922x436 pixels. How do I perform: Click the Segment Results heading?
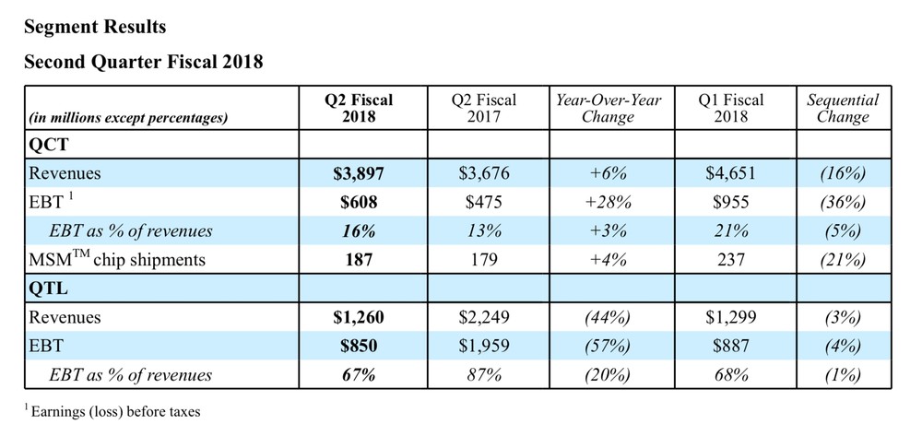tap(95, 27)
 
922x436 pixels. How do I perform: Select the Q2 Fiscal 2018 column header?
tap(359, 108)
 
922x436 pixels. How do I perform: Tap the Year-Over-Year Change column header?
tap(608, 108)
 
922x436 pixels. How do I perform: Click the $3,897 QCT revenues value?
tap(359, 173)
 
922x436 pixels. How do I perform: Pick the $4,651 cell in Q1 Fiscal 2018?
tap(731, 173)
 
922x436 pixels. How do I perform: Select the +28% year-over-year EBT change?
tap(608, 202)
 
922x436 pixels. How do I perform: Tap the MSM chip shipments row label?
tap(117, 258)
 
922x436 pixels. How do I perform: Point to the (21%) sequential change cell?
tap(843, 259)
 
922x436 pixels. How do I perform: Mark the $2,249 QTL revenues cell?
tap(484, 317)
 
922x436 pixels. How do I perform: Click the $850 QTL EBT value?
tap(359, 346)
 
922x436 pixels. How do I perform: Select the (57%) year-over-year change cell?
tap(608, 346)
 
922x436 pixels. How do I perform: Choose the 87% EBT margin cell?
tap(484, 375)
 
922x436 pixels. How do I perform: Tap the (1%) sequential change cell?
tap(843, 375)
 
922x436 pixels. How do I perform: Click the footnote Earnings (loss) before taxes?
tap(112, 411)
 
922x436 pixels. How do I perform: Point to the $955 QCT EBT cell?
tap(731, 202)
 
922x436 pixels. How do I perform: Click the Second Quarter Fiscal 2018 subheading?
tap(144, 62)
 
